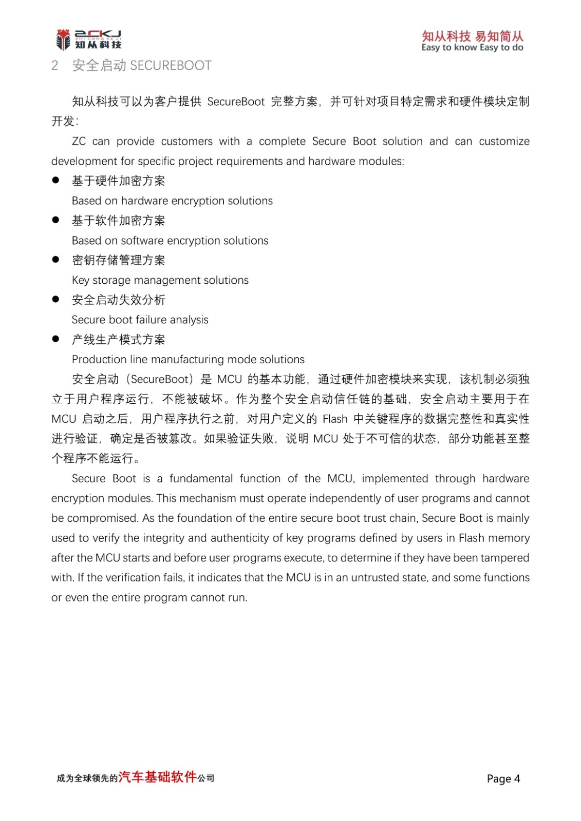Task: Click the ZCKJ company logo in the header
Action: coord(88,40)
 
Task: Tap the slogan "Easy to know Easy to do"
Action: coord(472,48)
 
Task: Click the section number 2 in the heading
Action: coord(55,66)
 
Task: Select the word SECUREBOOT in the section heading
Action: coord(171,66)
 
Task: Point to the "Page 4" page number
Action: coord(503,778)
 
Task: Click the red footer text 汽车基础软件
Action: coord(158,777)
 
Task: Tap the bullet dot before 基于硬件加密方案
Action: coord(55,180)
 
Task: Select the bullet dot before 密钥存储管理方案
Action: coord(55,260)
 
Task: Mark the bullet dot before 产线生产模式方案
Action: coord(55,339)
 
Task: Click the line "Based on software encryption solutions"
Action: coord(170,241)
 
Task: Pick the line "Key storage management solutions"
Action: coord(160,280)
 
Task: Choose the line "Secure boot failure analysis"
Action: coord(140,320)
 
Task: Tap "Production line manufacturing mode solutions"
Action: coord(188,359)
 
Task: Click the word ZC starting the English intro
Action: coord(79,142)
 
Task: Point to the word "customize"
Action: coord(504,142)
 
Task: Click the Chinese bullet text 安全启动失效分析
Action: coord(119,300)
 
